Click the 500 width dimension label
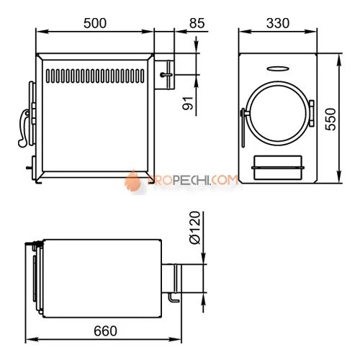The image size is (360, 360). coord(95,23)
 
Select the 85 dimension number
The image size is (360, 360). coord(197,23)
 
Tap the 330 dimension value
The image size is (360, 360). coord(278,23)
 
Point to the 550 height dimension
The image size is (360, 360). coord(330,120)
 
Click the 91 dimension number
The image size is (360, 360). coord(188,103)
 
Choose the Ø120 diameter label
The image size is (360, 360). coord(194,228)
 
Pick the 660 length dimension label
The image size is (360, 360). coord(105,331)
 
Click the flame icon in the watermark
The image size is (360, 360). coord(132,181)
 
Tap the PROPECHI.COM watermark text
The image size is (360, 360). coord(193,180)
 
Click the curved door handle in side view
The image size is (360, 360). coord(24,127)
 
